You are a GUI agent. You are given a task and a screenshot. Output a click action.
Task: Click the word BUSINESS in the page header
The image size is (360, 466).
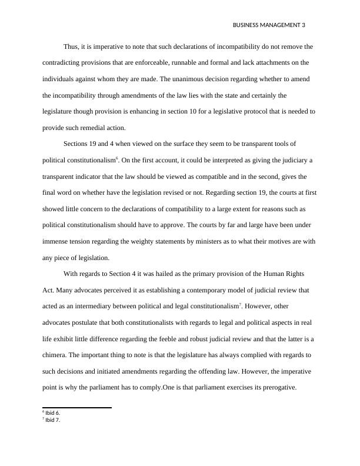(247, 25)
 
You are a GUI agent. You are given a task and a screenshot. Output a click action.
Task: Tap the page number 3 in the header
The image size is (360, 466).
(304, 25)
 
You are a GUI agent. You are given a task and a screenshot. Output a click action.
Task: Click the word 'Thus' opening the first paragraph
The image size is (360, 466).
(71, 46)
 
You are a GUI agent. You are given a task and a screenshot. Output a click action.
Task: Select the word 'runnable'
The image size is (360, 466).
(191, 62)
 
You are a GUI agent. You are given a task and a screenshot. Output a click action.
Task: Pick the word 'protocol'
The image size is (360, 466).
(245, 111)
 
